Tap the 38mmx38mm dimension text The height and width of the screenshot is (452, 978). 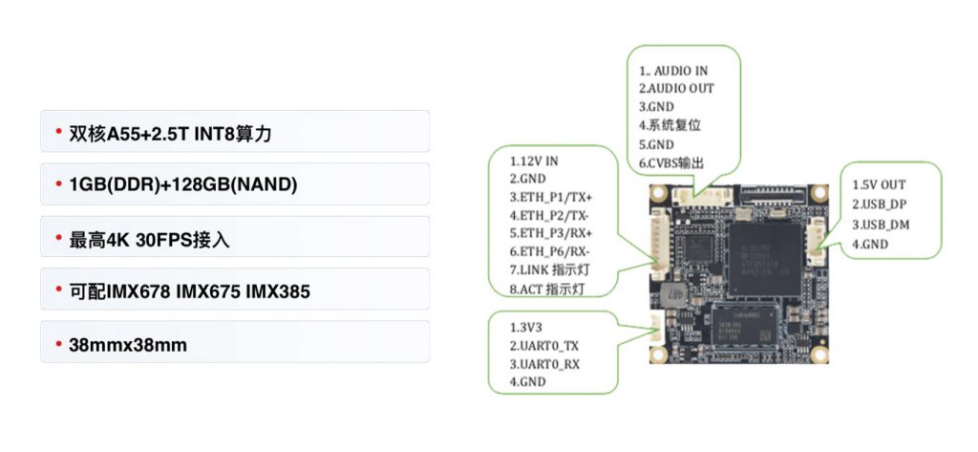pyautogui.click(x=128, y=345)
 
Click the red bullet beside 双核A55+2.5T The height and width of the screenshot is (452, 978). pyautogui.click(x=58, y=131)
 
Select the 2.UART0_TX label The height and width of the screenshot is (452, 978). pyautogui.click(x=544, y=345)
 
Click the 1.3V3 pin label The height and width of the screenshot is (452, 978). pyautogui.click(x=526, y=327)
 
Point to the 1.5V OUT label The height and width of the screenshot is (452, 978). pyautogui.click(x=879, y=184)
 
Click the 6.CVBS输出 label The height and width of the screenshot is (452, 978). pyautogui.click(x=671, y=163)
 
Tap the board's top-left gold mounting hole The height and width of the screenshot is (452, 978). pyautogui.click(x=658, y=193)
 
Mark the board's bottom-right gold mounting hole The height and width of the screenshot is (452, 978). pyautogui.click(x=822, y=357)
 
